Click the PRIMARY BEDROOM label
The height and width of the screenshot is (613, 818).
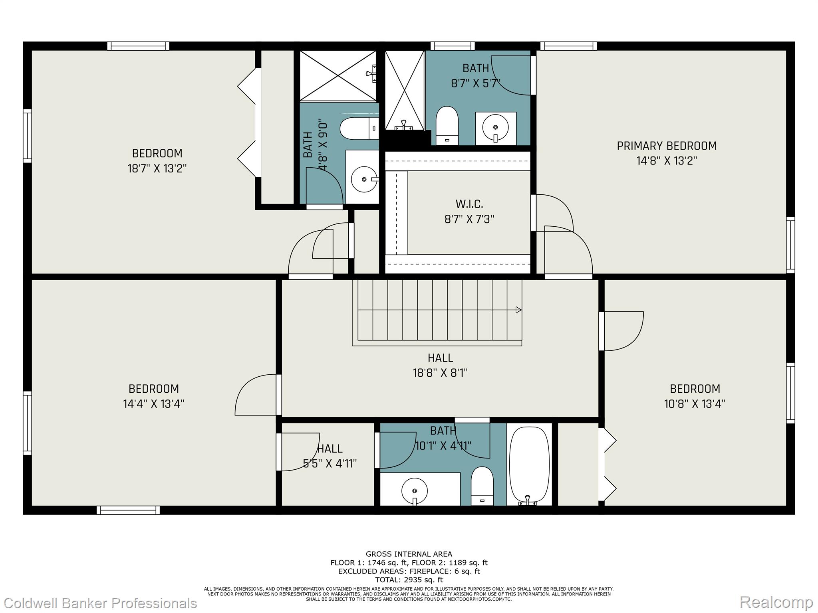click(667, 146)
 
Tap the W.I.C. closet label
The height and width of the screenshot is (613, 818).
click(469, 204)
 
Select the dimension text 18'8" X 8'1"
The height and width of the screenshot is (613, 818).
click(440, 373)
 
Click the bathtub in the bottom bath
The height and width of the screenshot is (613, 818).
click(529, 465)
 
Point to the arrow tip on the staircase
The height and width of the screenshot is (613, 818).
click(521, 310)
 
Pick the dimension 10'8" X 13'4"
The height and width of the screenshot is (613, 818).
click(695, 404)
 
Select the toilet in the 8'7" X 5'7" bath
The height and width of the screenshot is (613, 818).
click(447, 125)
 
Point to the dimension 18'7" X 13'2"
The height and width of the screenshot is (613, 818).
click(157, 168)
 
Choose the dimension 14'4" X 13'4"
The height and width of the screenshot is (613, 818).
click(154, 404)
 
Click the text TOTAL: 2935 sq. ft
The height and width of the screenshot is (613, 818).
click(409, 580)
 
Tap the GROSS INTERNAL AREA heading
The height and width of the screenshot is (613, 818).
click(409, 554)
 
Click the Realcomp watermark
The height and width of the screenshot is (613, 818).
click(776, 602)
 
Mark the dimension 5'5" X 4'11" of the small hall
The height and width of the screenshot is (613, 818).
click(330, 464)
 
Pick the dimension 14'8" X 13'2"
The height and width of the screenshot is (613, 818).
click(667, 161)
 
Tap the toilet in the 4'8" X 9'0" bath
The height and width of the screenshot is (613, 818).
click(359, 129)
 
